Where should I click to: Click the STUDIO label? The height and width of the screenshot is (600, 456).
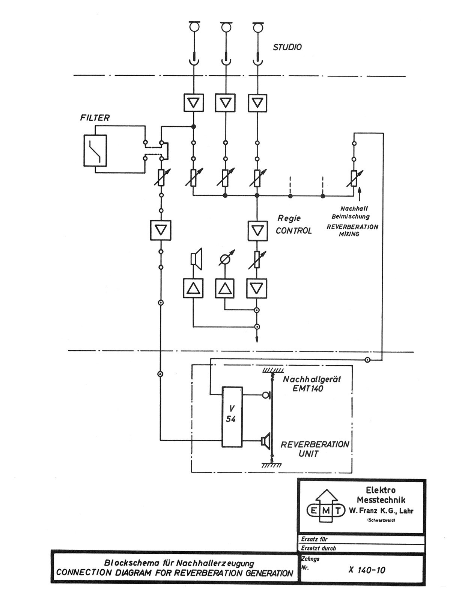pyautogui.click(x=287, y=47)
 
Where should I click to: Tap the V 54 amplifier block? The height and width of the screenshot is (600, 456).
pyautogui.click(x=232, y=417)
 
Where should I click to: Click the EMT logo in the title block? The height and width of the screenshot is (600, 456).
pyautogui.click(x=325, y=510)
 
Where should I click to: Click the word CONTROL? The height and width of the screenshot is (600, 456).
pyautogui.click(x=293, y=231)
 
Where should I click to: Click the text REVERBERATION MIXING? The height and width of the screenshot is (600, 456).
pyautogui.click(x=352, y=230)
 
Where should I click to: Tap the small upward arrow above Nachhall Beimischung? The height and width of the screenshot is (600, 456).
pyautogui.click(x=360, y=193)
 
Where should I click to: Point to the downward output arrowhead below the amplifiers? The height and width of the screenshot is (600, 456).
pyautogui.click(x=257, y=340)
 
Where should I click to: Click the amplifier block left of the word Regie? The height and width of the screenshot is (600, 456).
pyautogui.click(x=257, y=230)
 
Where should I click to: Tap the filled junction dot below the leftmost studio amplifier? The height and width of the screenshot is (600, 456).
pyautogui.click(x=193, y=126)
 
